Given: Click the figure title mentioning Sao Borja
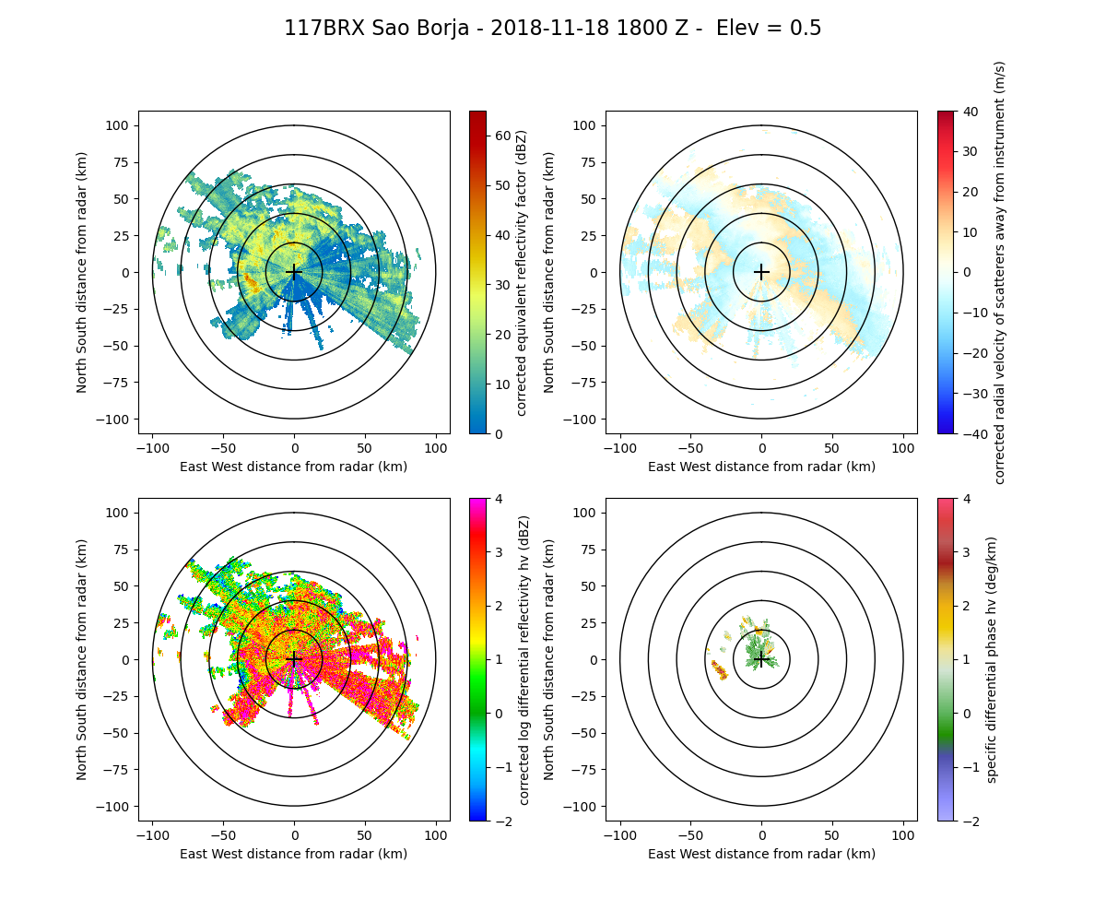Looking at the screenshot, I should point(552,29).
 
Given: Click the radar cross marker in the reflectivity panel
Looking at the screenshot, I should point(294,272).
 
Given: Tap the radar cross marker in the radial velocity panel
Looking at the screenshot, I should point(761,272).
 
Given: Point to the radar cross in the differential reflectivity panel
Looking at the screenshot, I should point(294,659).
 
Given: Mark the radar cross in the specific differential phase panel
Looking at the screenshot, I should point(761,659).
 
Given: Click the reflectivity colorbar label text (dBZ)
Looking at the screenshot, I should point(522,272).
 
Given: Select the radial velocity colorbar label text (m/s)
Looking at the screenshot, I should point(999,272).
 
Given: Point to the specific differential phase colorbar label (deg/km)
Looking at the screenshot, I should point(992,659).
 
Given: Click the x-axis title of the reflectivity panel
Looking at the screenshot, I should point(294,467).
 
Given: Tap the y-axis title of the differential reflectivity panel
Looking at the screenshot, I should point(82,659).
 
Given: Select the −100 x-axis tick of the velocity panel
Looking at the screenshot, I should point(620,448).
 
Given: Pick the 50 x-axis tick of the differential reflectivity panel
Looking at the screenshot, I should point(365,835).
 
